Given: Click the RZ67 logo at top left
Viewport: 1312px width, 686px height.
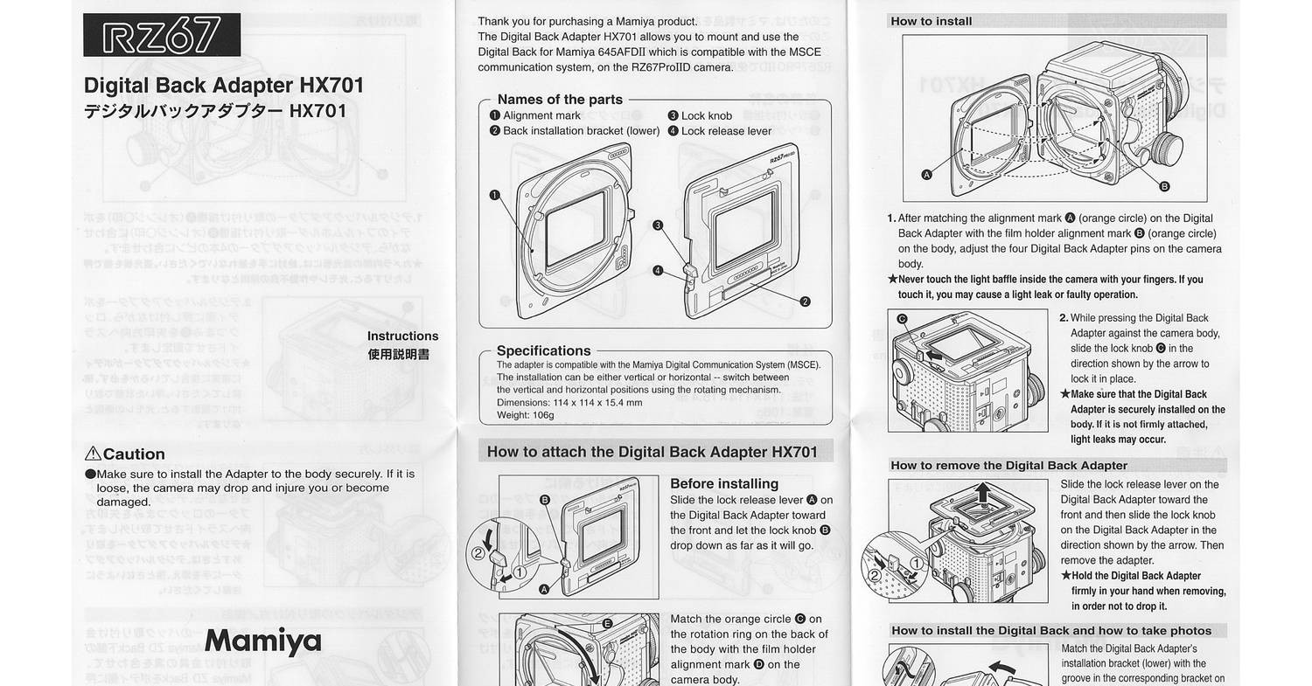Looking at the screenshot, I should click(161, 36).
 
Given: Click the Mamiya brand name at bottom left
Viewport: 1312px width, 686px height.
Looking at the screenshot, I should click(262, 641).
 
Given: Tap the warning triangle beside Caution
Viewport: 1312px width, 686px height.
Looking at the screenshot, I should click(93, 454).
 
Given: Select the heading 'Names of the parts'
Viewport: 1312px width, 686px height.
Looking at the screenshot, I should click(560, 100).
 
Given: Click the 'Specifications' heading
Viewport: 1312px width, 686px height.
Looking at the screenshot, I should click(543, 350).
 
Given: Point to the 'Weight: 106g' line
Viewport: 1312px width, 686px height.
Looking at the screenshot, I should click(525, 415).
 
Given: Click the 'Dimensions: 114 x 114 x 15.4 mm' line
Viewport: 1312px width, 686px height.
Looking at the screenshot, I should click(569, 403).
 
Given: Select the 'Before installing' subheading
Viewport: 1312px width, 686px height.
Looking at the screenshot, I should click(723, 483).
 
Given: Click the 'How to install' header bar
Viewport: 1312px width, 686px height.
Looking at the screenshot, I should click(931, 21).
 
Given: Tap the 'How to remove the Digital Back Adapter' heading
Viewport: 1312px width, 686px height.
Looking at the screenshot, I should click(1008, 466).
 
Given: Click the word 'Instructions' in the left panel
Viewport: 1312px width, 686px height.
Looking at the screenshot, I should click(402, 336).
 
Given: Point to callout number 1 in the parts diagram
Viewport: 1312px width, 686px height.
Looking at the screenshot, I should click(495, 195).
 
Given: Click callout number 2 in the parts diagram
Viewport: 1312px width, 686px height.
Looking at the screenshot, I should click(805, 301).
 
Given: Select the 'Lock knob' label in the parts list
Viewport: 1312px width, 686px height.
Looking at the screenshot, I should click(707, 115).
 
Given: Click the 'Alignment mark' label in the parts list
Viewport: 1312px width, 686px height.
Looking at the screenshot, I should click(541, 115).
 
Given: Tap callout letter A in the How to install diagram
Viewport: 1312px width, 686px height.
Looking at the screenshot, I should click(927, 174).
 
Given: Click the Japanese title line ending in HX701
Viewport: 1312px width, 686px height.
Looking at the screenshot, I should click(214, 112).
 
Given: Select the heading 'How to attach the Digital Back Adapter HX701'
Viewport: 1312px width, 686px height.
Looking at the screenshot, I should click(652, 452).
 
